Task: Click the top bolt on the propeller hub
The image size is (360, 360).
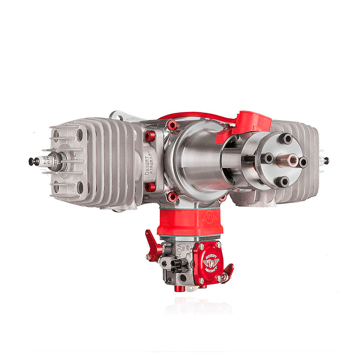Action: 287,139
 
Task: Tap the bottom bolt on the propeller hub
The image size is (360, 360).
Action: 284,181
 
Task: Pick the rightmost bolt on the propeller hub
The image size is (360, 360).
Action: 303,162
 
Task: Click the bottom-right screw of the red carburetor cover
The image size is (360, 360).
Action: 218,278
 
